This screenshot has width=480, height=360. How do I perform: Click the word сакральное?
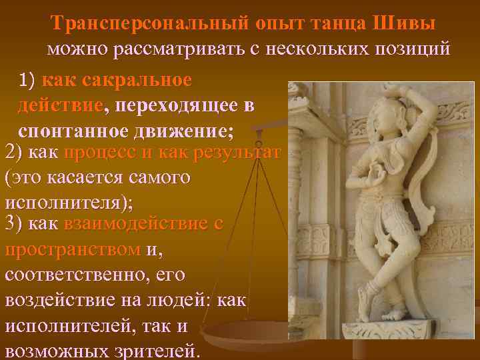(x=140, y=80)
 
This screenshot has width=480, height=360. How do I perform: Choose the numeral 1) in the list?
(x=30, y=80)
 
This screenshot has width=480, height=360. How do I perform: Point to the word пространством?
(x=73, y=249)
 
